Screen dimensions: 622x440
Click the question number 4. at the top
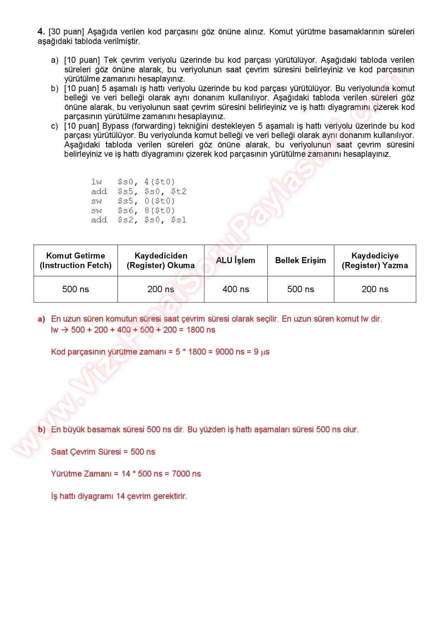pos(41,32)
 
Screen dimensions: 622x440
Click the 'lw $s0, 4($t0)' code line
pos(133,182)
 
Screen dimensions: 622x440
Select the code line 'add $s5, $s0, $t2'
pos(138,191)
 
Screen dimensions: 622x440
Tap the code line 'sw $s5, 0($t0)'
pos(133,201)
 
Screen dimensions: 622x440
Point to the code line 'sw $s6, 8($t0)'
pos(133,211)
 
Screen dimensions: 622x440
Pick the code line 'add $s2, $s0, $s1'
pos(138,220)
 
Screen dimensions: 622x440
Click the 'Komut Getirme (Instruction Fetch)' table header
pos(76,261)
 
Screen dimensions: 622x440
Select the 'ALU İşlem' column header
pos(235,260)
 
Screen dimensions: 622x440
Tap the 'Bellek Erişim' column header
pos(300,260)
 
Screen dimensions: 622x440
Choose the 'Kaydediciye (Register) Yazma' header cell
pos(375,261)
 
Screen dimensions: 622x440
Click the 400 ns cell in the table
pos(236,289)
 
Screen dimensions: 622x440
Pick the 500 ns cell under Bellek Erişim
pos(300,289)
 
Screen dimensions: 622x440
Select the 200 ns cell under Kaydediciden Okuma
pos(161,289)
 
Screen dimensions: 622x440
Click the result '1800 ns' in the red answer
pos(201,330)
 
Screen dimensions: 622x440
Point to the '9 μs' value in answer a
pos(261,352)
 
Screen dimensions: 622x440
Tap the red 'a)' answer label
pos(42,319)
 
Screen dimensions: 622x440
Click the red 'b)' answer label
pos(42,430)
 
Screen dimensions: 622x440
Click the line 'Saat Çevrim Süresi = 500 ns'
pos(103,452)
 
